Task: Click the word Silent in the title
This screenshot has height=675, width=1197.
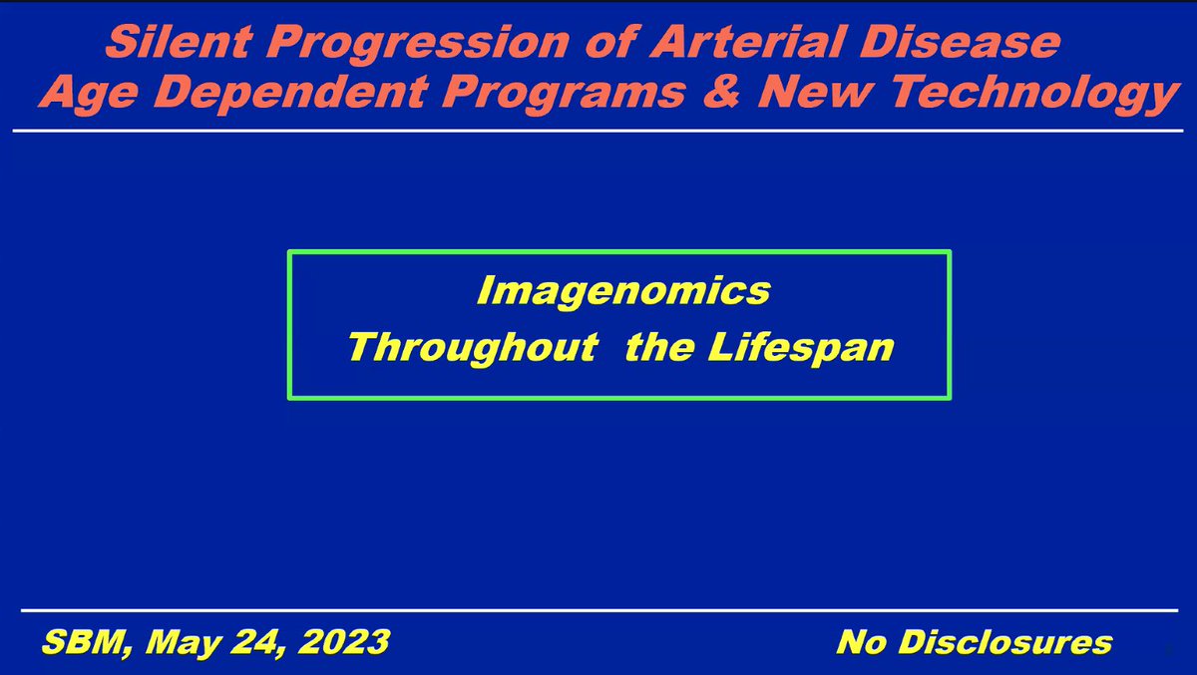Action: point(179,42)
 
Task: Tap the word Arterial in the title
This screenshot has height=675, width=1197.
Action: point(747,42)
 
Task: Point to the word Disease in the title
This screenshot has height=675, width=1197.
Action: point(961,42)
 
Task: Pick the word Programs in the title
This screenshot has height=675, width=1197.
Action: point(564,95)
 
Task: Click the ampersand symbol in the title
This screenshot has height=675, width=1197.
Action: point(721,92)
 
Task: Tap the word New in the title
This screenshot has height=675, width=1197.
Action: point(817,92)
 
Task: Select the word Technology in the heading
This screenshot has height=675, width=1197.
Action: point(1034,95)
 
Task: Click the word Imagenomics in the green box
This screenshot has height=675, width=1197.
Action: point(623,291)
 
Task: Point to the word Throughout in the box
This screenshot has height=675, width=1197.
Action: point(474,348)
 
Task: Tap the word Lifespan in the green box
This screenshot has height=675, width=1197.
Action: point(801,348)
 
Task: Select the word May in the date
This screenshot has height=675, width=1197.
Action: point(183,644)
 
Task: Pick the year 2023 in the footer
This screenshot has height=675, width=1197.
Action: point(344,642)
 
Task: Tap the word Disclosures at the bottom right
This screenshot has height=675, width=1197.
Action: point(1005,642)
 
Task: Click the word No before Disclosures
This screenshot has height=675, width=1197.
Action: point(862,642)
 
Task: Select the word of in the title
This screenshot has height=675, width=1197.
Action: point(610,42)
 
